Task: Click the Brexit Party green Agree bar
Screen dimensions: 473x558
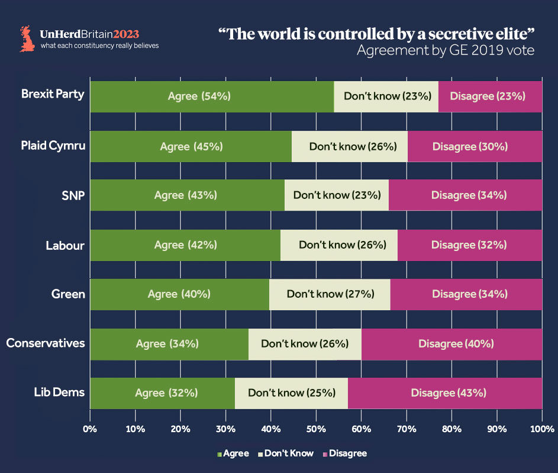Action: point(211,96)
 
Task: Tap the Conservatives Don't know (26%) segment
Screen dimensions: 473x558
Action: point(305,343)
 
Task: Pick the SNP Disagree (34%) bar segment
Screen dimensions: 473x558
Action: point(465,195)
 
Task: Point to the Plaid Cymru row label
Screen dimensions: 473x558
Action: point(53,145)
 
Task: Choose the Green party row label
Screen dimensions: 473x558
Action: point(69,294)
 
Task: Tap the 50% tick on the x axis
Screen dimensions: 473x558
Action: point(316,428)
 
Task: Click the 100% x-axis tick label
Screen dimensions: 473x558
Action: point(541,428)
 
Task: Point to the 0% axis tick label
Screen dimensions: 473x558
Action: point(90,428)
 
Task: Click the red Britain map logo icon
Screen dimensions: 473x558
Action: point(27,38)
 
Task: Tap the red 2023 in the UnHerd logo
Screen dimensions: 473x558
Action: point(127,34)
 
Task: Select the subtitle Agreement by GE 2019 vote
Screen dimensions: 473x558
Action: point(445,50)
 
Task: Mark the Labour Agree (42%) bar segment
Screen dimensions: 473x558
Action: point(185,244)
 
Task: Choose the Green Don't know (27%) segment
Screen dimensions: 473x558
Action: point(330,294)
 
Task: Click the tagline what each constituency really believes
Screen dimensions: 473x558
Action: point(99,46)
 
